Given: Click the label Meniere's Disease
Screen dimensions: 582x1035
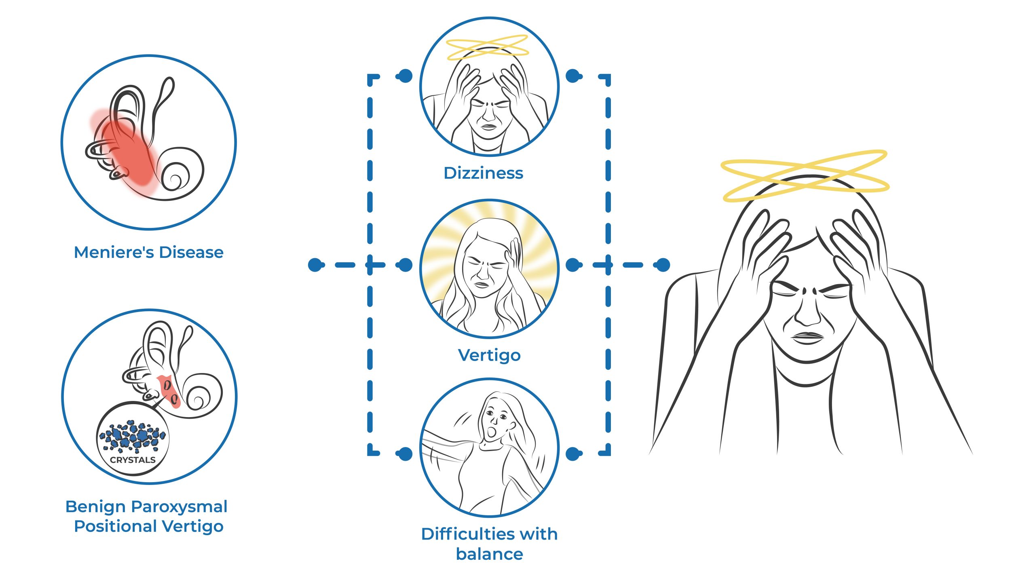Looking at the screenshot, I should [x=148, y=252].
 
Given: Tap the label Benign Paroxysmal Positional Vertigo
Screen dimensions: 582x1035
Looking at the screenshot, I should [x=147, y=516].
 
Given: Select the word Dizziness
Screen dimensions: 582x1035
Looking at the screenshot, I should [x=483, y=173].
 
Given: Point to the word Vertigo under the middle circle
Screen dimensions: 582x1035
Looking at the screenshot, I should [x=489, y=355].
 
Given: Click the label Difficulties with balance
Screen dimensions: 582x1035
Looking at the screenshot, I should [x=489, y=544].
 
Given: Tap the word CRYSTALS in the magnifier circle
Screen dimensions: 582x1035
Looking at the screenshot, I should [x=133, y=460].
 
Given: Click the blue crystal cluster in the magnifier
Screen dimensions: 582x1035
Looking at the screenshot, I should [x=133, y=437].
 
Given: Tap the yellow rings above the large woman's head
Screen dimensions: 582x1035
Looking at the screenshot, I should [x=805, y=176].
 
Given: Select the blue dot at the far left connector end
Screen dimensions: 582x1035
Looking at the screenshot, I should [x=316, y=265].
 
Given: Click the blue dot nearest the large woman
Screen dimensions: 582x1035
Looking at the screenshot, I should [x=662, y=265].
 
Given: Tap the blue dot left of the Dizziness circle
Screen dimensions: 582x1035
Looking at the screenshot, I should [x=405, y=76].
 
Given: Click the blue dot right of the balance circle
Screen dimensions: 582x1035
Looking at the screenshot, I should [x=573, y=453].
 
